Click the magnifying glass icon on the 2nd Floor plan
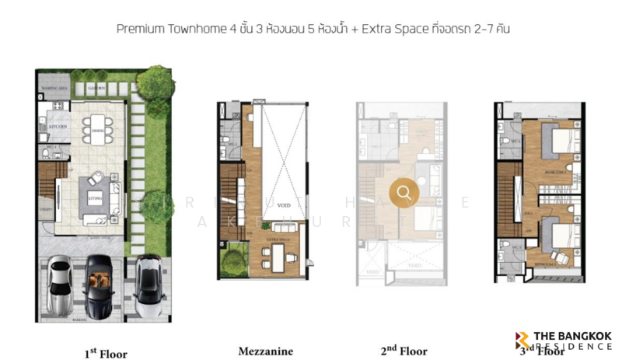click(404, 192)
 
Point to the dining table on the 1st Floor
click(97, 128)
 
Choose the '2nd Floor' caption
click(404, 351)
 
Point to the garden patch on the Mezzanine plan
click(231, 260)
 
